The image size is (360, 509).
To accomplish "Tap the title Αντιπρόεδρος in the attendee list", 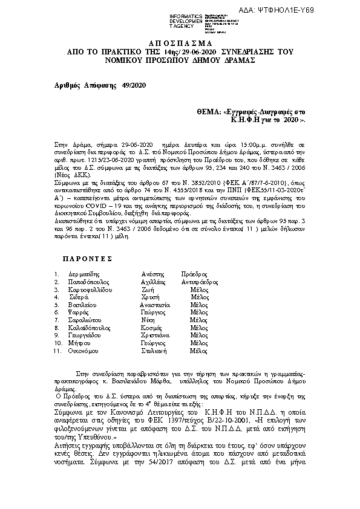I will (x=199, y=282).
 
